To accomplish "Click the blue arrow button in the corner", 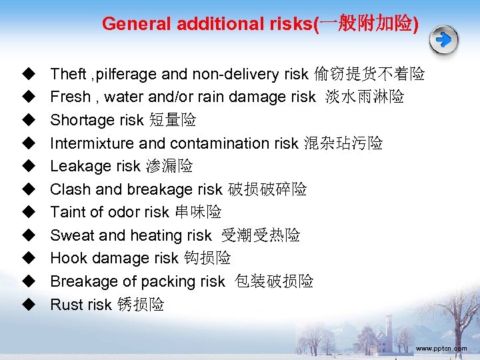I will pyautogui.click(x=443, y=40).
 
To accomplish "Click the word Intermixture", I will pyautogui.click(x=91, y=143).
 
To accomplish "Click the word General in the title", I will pyautogui.click(x=135, y=24).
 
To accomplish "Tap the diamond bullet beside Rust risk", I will pyautogui.click(x=28, y=305).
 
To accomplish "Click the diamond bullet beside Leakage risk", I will pyautogui.click(x=28, y=166).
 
